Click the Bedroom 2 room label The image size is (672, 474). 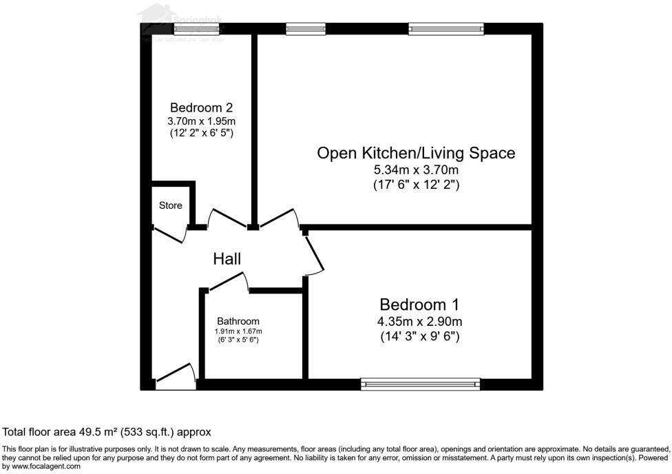[201, 107]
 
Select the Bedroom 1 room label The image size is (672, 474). [419, 305]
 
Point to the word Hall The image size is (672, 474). [227, 259]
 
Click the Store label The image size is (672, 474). [171, 205]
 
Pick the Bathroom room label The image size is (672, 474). [238, 321]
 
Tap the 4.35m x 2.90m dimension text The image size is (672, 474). [419, 322]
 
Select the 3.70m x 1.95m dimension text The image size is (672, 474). [201, 121]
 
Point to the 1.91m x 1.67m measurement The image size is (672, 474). [238, 331]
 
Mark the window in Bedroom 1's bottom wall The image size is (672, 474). [420, 384]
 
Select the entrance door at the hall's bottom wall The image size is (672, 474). [176, 375]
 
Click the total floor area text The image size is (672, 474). [107, 432]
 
